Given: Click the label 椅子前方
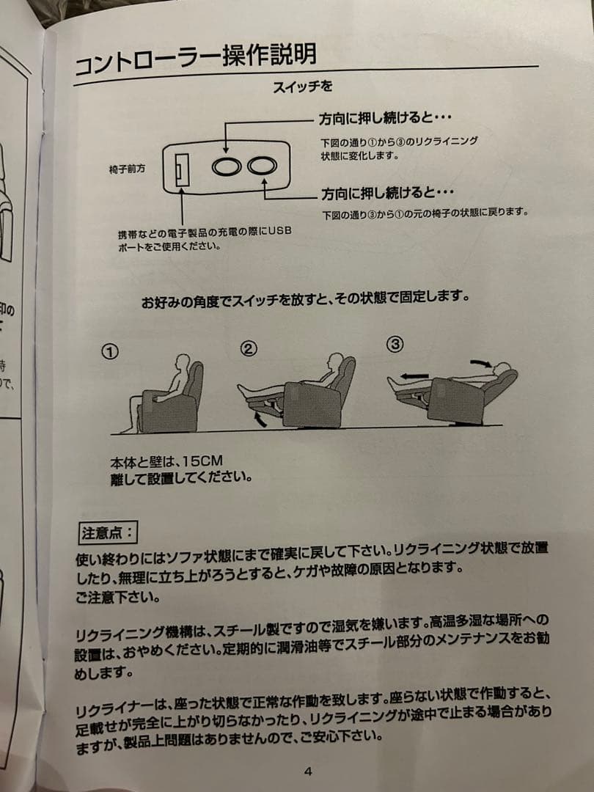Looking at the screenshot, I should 127,169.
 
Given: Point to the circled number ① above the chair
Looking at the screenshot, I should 109,352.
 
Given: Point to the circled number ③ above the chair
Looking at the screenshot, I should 395,343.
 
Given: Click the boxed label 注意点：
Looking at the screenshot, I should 107,530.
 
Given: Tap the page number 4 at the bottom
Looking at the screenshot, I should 308,771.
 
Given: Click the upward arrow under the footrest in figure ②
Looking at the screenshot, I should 257,419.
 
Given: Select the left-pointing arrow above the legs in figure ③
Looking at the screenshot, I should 415,374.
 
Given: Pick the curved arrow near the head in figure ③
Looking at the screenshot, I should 480,362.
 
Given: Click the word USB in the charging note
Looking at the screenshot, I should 279,232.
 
